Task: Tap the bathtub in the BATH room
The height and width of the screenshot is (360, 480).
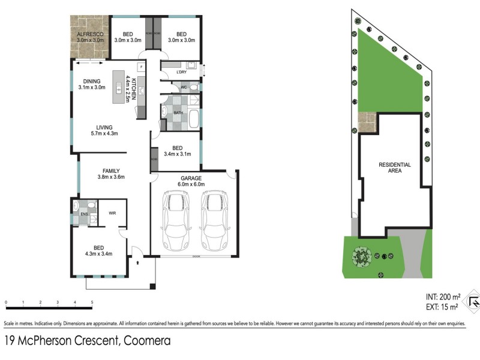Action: pos(194,116)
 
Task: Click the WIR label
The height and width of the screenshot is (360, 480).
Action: pos(112,213)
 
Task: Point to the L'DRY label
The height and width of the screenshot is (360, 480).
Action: pos(181,73)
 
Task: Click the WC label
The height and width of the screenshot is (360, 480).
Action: pos(184,88)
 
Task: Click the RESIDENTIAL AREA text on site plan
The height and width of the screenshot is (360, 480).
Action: pos(394,167)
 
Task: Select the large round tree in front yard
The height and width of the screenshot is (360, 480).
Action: pos(361,257)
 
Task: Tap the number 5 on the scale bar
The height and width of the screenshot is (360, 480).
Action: pos(92,302)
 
